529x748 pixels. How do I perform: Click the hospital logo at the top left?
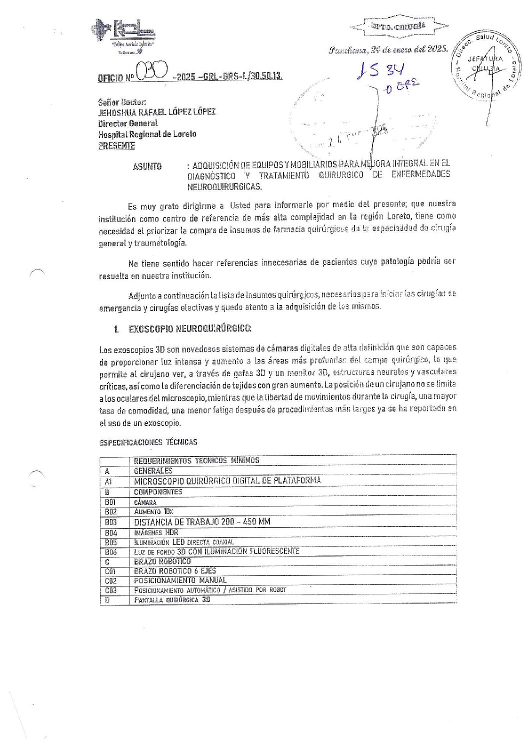(x=123, y=35)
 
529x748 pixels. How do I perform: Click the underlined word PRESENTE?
(x=116, y=146)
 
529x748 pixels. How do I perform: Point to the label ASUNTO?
(x=147, y=166)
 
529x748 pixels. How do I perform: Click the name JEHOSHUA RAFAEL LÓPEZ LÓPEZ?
(x=157, y=111)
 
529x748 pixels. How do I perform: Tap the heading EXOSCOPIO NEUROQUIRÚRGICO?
(x=190, y=328)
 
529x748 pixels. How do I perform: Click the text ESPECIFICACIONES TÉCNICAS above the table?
(x=148, y=442)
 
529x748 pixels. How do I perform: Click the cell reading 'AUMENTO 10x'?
(x=153, y=511)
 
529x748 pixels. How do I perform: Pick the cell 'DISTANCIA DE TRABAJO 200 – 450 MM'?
(x=202, y=521)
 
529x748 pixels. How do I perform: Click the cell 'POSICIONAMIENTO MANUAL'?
(x=180, y=580)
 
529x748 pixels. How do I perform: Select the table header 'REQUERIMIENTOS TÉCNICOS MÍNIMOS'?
(x=196, y=460)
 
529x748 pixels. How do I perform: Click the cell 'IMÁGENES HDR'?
(x=156, y=532)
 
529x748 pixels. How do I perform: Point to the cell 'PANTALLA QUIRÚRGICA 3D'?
(x=172, y=599)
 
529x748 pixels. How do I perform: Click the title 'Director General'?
(x=128, y=123)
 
